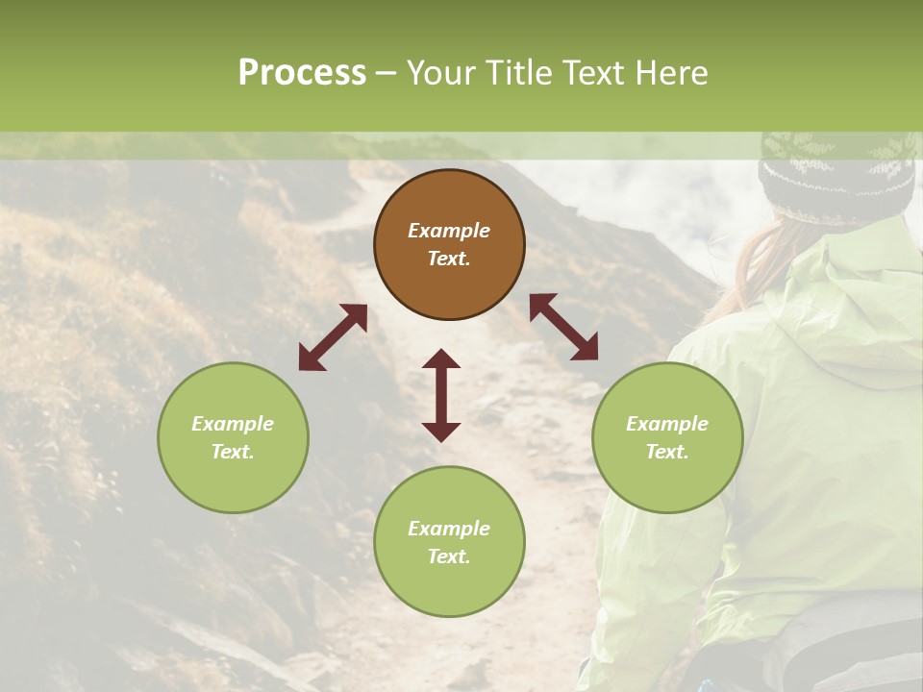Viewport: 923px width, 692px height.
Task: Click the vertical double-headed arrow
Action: point(441,395)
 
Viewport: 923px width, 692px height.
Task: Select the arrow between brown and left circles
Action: point(333,337)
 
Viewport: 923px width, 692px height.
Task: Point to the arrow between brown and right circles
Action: point(563,327)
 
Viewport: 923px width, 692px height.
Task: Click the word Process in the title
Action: point(302,73)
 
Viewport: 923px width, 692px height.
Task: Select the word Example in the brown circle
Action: point(449,231)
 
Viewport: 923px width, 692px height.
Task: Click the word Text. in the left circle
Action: point(233,452)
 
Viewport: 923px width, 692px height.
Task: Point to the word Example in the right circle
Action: point(667,424)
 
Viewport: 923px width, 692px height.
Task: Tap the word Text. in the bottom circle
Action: point(449,556)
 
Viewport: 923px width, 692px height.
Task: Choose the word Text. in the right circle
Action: point(667,452)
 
